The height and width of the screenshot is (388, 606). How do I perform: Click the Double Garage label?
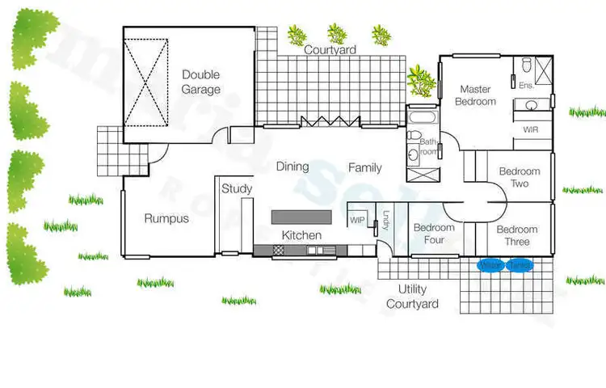pos(200,82)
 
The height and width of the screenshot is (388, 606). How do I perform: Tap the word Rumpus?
pos(166,218)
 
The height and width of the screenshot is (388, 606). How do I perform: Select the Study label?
pos(237,188)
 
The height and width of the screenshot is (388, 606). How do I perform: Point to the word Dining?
pos(292,167)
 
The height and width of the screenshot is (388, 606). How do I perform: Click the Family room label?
pos(365,168)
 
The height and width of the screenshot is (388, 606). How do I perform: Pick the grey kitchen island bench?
pos(301,217)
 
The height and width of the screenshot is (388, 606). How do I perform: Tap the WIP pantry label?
pos(357,220)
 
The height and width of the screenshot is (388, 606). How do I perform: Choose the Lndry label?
pos(386,220)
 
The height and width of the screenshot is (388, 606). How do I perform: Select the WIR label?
pos(530,129)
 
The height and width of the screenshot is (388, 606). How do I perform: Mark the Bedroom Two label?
pos(519,177)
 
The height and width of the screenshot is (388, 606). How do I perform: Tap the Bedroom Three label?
pos(517,235)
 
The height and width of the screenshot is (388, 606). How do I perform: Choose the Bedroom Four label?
pos(434,234)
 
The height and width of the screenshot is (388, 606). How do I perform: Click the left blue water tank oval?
pos(490,265)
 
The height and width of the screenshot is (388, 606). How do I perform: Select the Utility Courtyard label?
pos(412,297)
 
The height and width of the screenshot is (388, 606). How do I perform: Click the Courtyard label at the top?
pos(330,49)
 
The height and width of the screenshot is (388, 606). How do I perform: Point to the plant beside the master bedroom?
pos(421,79)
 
